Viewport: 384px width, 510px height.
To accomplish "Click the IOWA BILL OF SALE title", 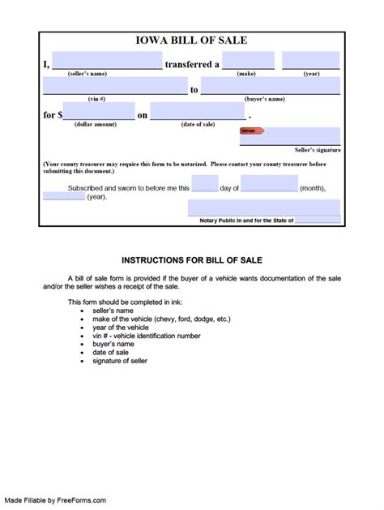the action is (192, 40).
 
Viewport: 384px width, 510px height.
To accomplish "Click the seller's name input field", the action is (107, 61).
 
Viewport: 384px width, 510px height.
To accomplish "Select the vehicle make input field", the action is (247, 61).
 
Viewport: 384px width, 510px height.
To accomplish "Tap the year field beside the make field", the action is (310, 61).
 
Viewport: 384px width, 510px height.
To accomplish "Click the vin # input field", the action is (115, 87).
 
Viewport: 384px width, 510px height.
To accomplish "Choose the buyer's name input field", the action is (271, 87).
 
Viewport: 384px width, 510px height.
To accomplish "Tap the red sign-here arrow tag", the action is (251, 131).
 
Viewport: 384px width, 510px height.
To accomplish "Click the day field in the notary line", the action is (205, 184).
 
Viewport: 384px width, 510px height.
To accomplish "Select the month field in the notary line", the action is (269, 184).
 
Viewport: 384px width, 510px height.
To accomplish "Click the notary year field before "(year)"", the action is (64, 196).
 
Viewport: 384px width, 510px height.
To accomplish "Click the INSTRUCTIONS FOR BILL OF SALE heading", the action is (192, 260).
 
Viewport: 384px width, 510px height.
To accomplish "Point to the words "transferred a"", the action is (191, 63).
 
